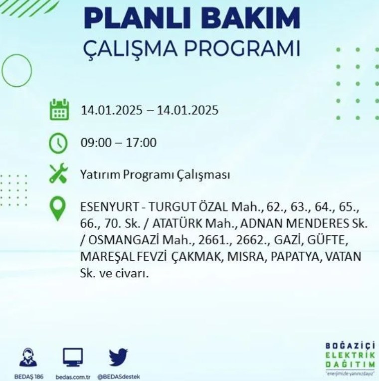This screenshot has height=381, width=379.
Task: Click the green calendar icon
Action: coord(59,110)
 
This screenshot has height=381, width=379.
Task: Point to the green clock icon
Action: coord(58,143)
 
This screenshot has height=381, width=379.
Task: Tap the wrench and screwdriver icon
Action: coord(58,173)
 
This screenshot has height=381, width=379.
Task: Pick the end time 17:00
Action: coord(141,143)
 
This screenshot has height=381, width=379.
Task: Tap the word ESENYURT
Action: coord(109,207)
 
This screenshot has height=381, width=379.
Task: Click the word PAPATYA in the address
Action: coord(295,257)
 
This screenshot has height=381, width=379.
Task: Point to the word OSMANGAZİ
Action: coord(123,240)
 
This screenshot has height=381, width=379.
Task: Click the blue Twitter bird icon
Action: coord(118,357)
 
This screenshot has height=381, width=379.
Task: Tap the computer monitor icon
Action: coord(73,357)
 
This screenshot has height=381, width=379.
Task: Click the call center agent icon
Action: coord(28,357)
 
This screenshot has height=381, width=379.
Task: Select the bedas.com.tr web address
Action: coord(73,377)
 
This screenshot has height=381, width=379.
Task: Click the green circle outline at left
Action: coord(2,70)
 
